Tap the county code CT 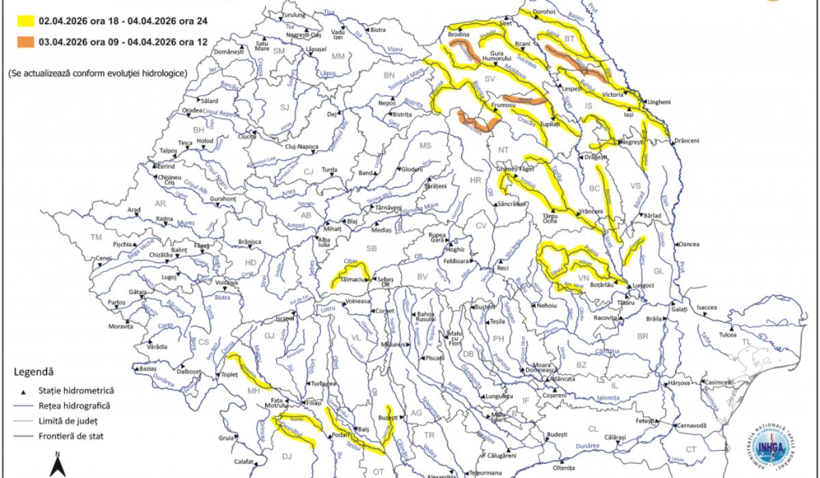(x=691, y=449)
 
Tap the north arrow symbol (x=59, y=465)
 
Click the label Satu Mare (x=260, y=46)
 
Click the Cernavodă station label (x=690, y=425)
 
